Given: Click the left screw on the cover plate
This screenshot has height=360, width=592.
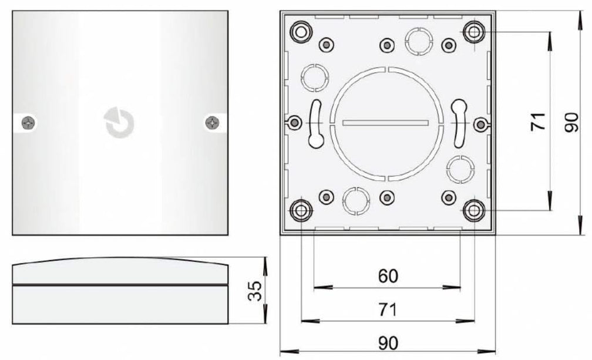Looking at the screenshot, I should (28, 122).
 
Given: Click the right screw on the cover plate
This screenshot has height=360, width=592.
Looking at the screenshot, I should (212, 122).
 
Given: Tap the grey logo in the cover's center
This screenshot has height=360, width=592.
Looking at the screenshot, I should (119, 123).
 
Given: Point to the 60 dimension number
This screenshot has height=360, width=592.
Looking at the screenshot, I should (388, 275).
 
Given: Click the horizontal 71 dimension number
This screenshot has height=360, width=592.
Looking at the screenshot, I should (388, 309).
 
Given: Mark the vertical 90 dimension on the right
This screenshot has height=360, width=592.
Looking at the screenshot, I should (571, 122).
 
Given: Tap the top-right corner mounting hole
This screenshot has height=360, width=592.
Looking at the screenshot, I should (473, 31).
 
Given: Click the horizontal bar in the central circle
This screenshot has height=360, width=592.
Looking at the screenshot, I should (386, 123).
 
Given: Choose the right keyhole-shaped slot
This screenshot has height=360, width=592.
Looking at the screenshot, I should (458, 122).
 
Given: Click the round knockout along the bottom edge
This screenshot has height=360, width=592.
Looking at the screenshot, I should (355, 200).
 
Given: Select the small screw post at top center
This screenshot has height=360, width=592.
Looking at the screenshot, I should (386, 45).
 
